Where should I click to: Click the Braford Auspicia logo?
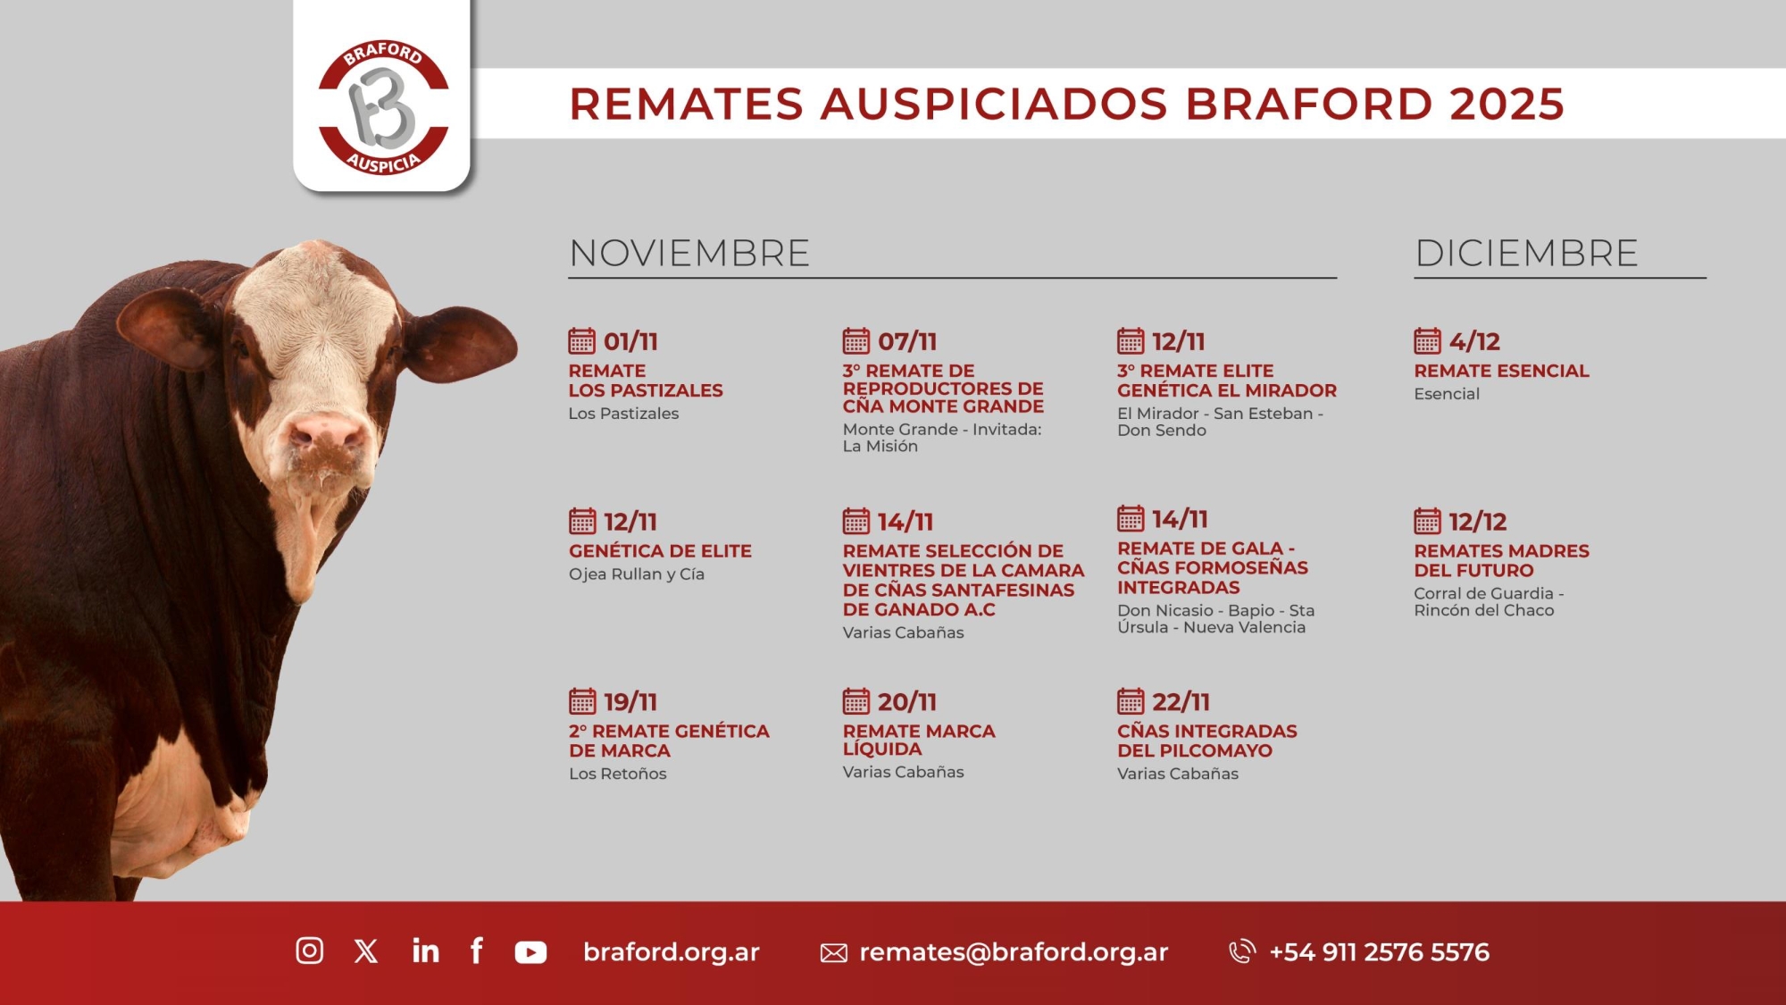point(383,107)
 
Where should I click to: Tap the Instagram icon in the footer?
point(310,951)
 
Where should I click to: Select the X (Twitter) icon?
point(366,951)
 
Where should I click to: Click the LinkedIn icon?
point(426,951)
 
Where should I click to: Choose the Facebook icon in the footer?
point(477,951)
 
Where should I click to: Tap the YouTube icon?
point(530,952)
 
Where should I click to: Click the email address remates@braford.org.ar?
point(1014,952)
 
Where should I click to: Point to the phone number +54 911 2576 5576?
point(1379,952)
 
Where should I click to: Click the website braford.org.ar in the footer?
point(672,952)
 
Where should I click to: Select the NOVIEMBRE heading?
point(689,253)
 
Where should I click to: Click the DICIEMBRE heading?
point(1526,253)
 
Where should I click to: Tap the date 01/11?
point(630,341)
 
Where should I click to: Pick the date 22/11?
point(1181,702)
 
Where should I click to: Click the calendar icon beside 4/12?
point(1427,340)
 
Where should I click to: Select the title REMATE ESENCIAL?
point(1501,371)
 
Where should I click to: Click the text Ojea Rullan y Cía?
point(637,574)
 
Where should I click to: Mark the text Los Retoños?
point(618,774)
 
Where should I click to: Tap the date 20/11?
point(906,702)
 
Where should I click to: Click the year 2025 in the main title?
point(1506,104)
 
